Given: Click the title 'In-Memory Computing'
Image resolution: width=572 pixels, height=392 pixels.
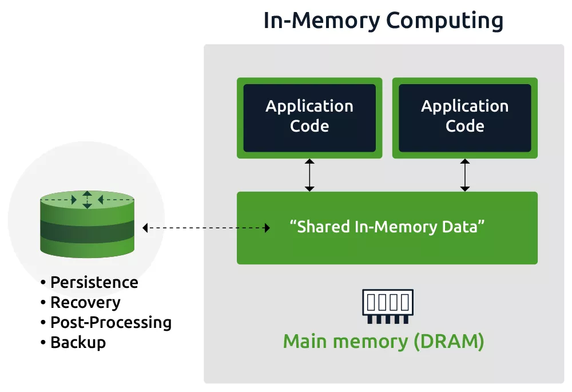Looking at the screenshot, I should pyautogui.click(x=383, y=21).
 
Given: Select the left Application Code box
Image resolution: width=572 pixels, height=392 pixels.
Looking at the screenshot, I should pyautogui.click(x=309, y=118).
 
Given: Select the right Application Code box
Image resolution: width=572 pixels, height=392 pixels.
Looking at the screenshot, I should pyautogui.click(x=464, y=118).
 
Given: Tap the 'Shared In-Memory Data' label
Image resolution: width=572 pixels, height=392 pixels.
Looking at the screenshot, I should pyautogui.click(x=387, y=227).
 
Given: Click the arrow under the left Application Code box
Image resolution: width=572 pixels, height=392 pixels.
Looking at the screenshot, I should pyautogui.click(x=309, y=175).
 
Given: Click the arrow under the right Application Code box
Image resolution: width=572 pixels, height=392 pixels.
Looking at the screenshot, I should pyautogui.click(x=465, y=175).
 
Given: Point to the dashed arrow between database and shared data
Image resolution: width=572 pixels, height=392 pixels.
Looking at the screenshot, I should pyautogui.click(x=206, y=228).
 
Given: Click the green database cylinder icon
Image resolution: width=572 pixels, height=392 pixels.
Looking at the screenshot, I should pyautogui.click(x=87, y=225).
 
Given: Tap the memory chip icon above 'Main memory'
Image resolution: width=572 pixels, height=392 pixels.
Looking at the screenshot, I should pyautogui.click(x=387, y=306).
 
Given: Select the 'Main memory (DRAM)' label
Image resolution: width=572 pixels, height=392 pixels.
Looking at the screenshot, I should pyautogui.click(x=383, y=342).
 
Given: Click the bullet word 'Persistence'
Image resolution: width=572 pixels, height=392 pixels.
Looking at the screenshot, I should pyautogui.click(x=94, y=283).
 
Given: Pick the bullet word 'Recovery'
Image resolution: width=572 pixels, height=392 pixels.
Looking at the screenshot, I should pyautogui.click(x=85, y=303).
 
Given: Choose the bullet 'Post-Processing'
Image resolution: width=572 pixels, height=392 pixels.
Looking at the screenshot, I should pyautogui.click(x=111, y=323).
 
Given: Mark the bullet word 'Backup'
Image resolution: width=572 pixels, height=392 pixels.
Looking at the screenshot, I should pyautogui.click(x=78, y=343).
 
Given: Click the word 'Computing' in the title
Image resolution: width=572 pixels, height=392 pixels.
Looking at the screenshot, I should pyautogui.click(x=444, y=21).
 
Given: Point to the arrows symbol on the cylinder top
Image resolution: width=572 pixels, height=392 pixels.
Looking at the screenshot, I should pyautogui.click(x=87, y=200).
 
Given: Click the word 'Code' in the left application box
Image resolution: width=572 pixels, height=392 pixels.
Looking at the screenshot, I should pyautogui.click(x=309, y=126).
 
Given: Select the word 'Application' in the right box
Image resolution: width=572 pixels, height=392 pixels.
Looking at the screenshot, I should pyautogui.click(x=464, y=106).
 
